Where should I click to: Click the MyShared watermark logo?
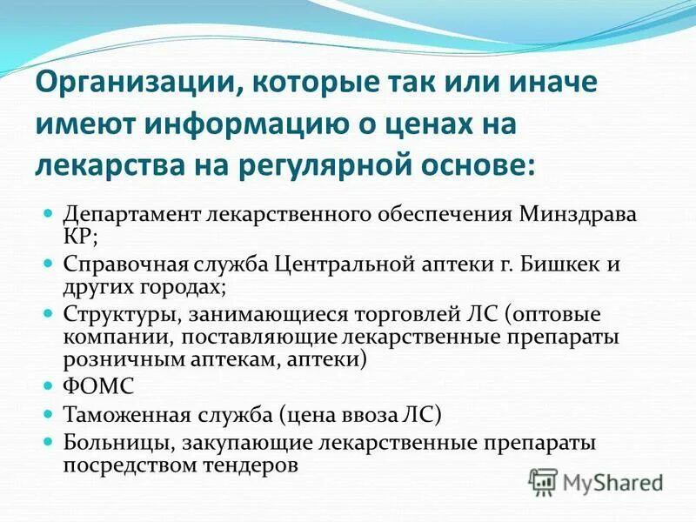coord(596,481)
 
